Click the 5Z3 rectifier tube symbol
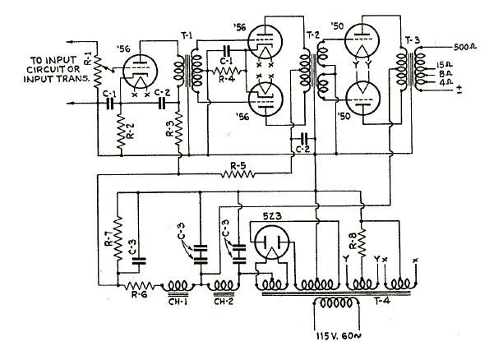click(271, 242)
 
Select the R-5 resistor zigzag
click(238, 174)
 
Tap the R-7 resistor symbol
click(118, 238)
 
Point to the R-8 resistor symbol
click(362, 242)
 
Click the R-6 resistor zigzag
click(139, 285)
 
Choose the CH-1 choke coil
click(178, 285)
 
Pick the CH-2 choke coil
click(224, 285)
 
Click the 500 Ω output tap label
click(465, 47)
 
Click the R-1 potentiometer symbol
click(98, 72)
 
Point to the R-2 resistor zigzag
click(120, 131)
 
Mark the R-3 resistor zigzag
click(178, 128)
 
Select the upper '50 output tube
click(362, 41)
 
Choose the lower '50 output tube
click(363, 99)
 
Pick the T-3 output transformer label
click(413, 40)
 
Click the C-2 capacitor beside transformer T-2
click(303, 139)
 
